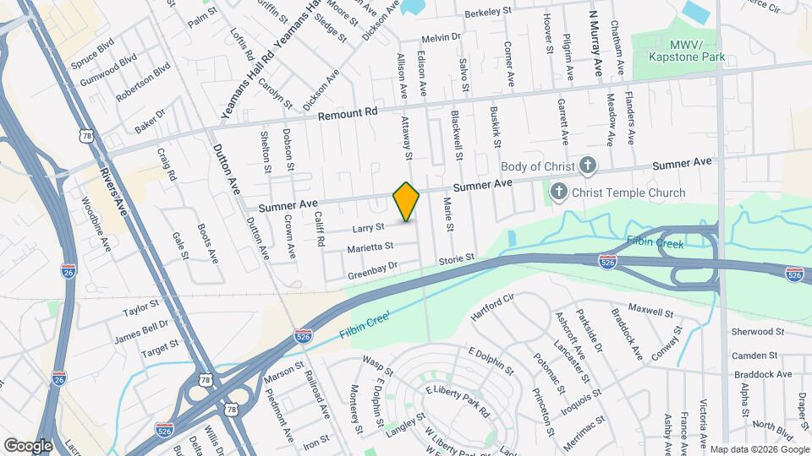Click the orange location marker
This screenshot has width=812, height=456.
(x=407, y=202)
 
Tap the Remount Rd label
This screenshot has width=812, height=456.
(x=347, y=112)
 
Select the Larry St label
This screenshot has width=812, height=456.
(x=368, y=227)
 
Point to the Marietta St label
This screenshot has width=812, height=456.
(x=370, y=247)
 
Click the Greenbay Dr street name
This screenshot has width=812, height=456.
(x=372, y=271)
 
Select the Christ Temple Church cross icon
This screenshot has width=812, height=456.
(x=558, y=193)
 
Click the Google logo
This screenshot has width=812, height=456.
(x=28, y=445)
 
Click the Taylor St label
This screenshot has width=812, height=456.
(x=140, y=309)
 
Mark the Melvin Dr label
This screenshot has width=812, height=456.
(x=442, y=37)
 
